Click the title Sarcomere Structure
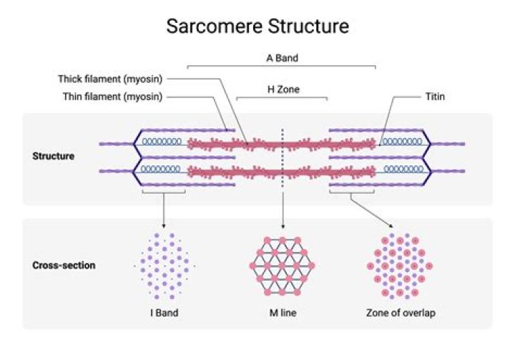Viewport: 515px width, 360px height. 257,27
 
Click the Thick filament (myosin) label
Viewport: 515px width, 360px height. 113,79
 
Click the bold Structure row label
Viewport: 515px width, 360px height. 54,155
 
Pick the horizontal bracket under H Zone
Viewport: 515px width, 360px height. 282,99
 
